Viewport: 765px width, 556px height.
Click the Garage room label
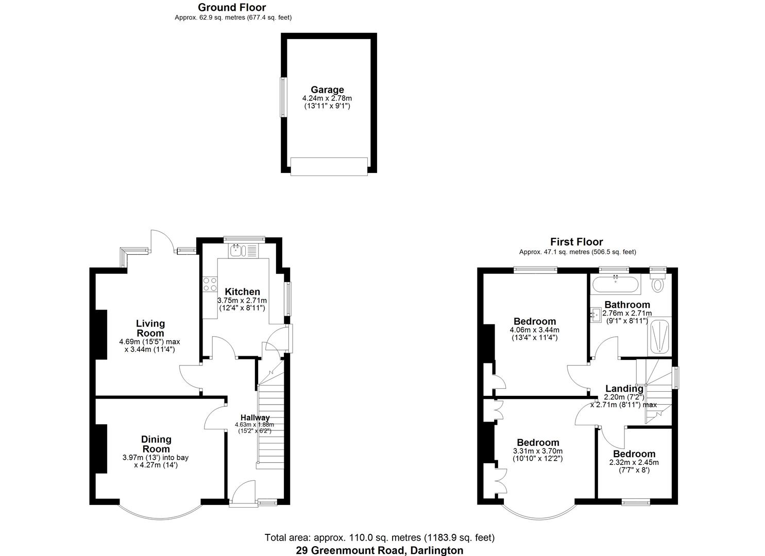pos(327,90)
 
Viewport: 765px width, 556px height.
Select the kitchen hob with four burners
pos(210,284)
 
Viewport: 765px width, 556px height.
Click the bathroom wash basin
pos(596,314)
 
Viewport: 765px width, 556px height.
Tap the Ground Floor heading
pos(232,7)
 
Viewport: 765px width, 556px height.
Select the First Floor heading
pos(576,242)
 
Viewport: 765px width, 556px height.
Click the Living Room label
pos(150,328)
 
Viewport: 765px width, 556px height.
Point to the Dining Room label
pos(156,444)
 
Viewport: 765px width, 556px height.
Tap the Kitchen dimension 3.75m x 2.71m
pos(242,301)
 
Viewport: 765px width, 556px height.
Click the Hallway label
pos(255,418)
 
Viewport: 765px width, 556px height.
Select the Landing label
pos(624,389)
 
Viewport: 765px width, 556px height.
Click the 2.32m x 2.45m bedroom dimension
pos(634,462)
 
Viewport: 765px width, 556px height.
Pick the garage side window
pos(282,97)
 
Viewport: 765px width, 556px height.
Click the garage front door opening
pos(329,166)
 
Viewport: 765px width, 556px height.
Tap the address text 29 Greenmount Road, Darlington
pos(380,550)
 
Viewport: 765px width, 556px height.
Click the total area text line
pos(380,537)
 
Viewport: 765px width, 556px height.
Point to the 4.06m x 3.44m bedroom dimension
pos(534,330)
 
